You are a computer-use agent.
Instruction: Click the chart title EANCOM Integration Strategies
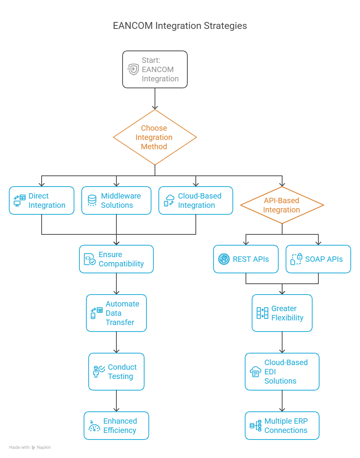(180, 26)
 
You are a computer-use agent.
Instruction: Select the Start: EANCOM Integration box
(155, 69)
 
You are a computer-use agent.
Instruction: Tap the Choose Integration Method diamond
(155, 137)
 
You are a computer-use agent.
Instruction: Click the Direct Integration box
(42, 200)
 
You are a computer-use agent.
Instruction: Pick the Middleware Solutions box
(116, 200)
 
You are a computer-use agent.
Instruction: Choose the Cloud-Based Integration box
(196, 200)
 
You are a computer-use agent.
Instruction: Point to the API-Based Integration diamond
(282, 205)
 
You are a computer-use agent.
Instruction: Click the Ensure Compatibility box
(116, 259)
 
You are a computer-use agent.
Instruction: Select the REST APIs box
(246, 259)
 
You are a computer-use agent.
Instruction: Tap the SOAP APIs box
(318, 259)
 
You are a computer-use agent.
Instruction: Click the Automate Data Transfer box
(116, 313)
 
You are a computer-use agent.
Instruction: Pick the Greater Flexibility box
(282, 313)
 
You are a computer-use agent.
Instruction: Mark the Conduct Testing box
(116, 372)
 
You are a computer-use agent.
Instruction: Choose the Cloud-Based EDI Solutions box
(282, 372)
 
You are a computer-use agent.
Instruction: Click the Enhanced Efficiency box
(116, 426)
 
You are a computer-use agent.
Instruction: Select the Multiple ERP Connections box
(282, 426)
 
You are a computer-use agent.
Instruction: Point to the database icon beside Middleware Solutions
(92, 200)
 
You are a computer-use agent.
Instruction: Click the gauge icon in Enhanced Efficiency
(94, 426)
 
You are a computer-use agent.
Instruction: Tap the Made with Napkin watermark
(30, 448)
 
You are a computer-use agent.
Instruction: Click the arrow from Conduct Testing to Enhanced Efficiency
(116, 401)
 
